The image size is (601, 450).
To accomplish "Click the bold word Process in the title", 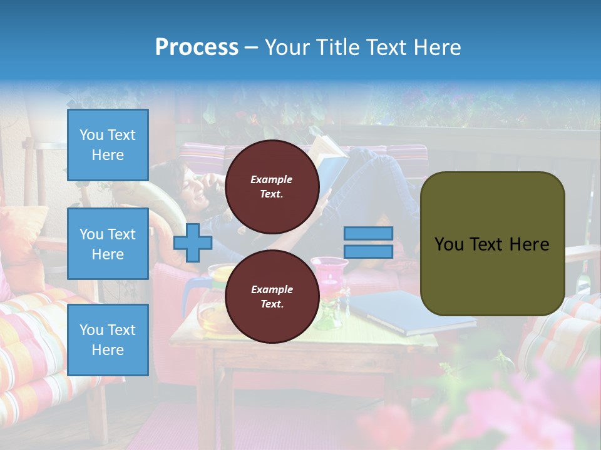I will coord(197,47).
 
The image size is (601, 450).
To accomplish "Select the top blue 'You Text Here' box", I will coord(108,145).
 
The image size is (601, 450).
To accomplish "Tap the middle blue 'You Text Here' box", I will coord(108,244).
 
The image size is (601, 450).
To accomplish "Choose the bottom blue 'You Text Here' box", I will coord(108,339).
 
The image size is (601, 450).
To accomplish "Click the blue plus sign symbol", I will coord(192,242).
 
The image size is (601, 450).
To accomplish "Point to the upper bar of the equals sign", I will coord(368,233).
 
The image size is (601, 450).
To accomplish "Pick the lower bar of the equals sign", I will coord(368,251).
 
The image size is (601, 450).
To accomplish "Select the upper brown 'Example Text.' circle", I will coord(272,186).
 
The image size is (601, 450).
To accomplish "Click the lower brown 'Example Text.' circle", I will coord(272,296).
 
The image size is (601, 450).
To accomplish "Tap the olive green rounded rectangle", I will coord(492,244).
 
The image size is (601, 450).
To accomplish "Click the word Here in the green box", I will coord(530,244).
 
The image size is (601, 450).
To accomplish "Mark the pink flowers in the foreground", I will coord(532,406).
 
